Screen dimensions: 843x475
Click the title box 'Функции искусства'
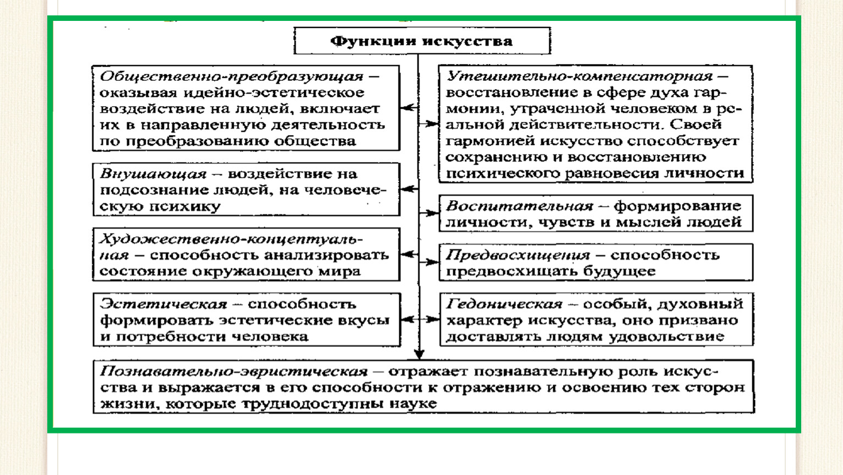(422, 41)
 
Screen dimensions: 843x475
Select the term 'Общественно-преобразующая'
(232, 77)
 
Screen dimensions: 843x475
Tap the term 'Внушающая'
(153, 174)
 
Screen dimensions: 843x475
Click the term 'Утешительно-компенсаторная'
(579, 77)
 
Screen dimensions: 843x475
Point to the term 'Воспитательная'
(519, 206)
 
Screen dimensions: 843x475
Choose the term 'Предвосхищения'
(518, 256)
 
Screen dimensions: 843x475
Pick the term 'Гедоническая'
(504, 304)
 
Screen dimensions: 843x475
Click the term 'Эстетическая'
(164, 304)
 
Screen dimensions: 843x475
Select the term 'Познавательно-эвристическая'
(234, 372)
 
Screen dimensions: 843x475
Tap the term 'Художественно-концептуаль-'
(232, 239)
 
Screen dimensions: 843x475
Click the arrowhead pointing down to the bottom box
(419, 354)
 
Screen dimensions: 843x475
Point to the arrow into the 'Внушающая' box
(410, 189)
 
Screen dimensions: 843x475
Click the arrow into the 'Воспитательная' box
(429, 213)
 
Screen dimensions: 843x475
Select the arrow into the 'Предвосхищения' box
(429, 262)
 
